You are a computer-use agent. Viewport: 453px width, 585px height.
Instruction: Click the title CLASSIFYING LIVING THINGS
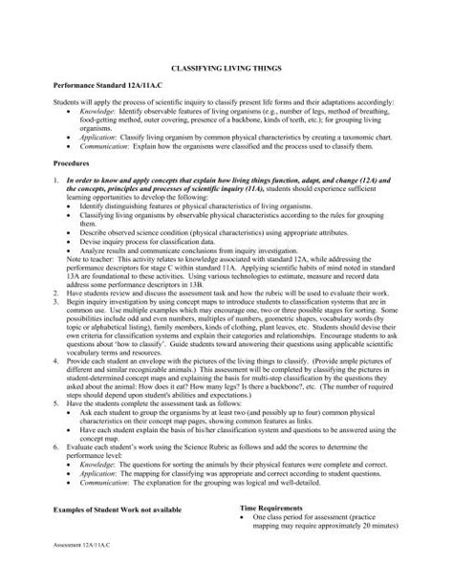pyautogui.click(x=226, y=70)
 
